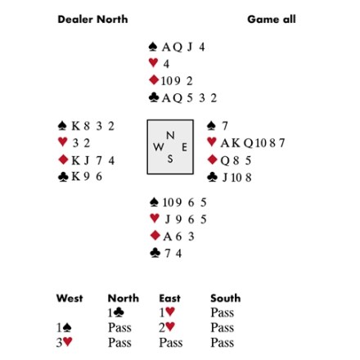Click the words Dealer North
[92, 20]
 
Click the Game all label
[272, 20]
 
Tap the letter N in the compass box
[170, 135]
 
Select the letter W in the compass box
[159, 147]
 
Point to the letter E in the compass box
[184, 147]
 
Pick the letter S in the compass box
[170, 159]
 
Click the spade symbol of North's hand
[153, 47]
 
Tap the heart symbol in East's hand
[212, 142]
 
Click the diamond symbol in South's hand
[155, 236]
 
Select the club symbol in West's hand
[63, 177]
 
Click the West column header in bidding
[70, 298]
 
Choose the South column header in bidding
[226, 298]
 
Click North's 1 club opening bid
[116, 313]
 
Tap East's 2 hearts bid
[167, 327]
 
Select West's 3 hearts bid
[64, 342]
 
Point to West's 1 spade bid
[64, 327]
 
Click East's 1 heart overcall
[167, 313]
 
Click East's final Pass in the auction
[171, 343]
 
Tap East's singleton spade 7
[225, 126]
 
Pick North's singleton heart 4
[166, 64]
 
